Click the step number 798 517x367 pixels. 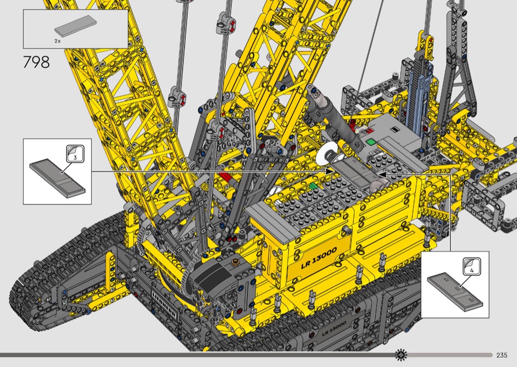(36, 62)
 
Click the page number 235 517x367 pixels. (502, 355)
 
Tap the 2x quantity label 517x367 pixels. (58, 41)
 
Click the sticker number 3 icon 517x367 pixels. (75, 154)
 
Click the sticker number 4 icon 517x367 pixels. (472, 266)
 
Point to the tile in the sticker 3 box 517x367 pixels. (57, 179)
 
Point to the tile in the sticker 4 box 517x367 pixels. (455, 292)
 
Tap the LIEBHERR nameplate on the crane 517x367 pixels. (164, 303)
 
